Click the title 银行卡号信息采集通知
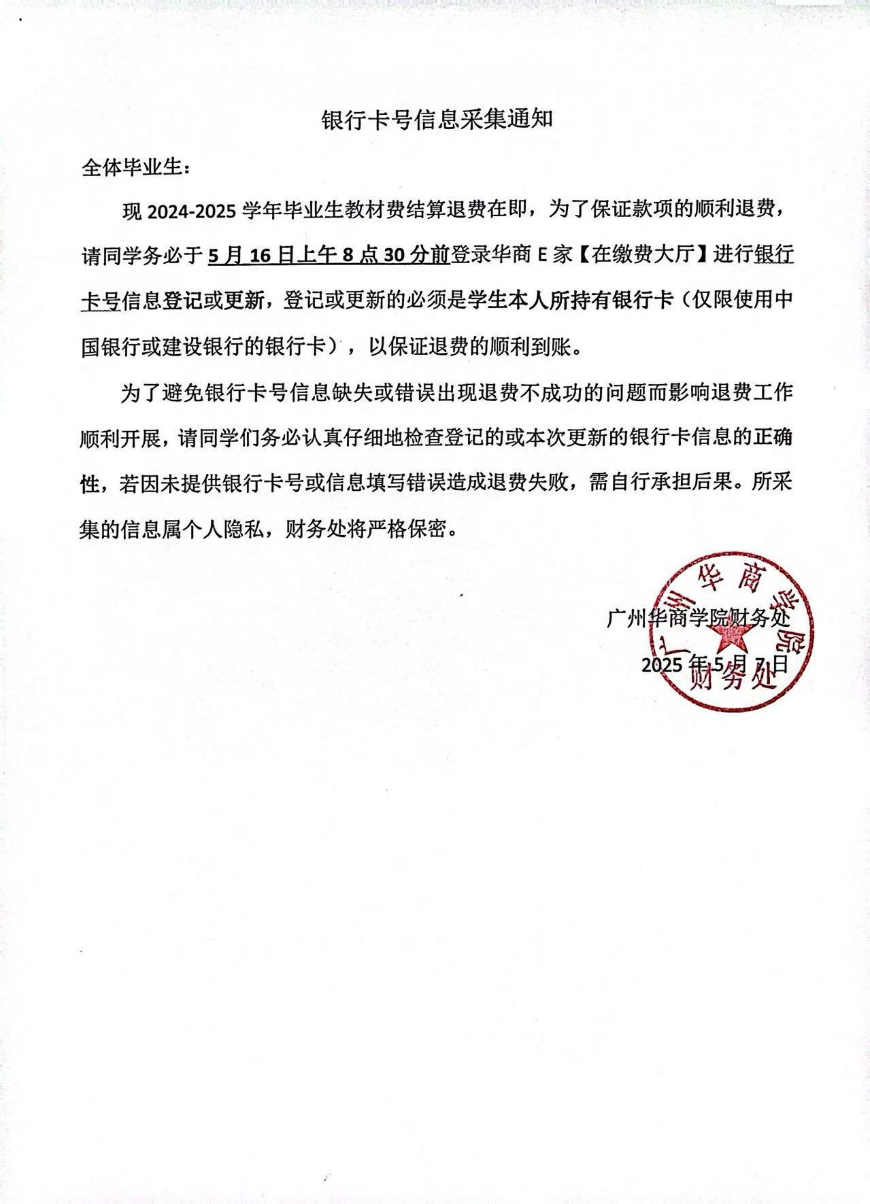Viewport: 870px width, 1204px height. tap(436, 120)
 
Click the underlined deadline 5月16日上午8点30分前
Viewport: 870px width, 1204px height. tap(329, 256)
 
